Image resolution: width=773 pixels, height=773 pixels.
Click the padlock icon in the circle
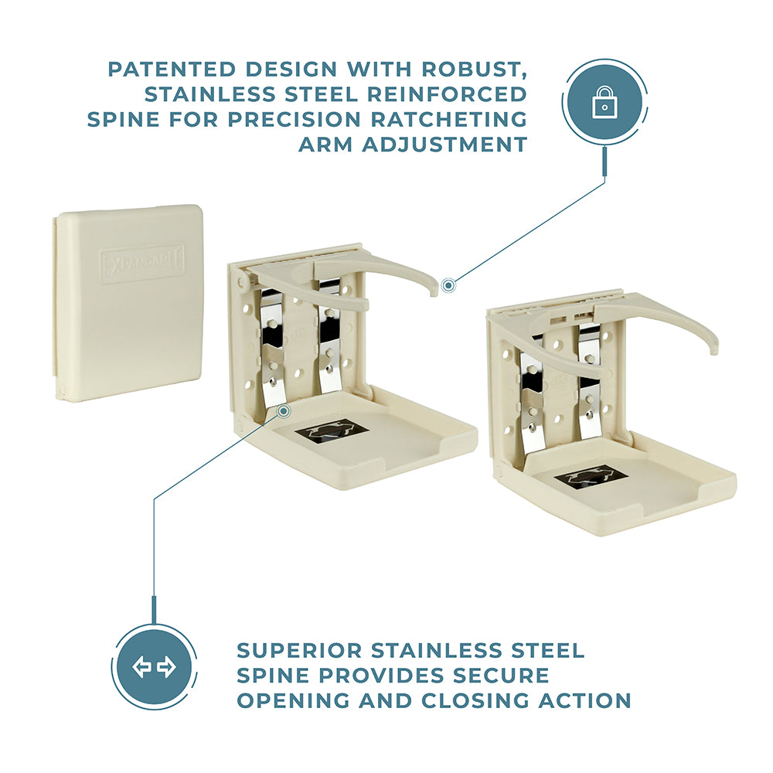[604, 102]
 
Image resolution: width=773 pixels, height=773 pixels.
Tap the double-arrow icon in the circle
[154, 668]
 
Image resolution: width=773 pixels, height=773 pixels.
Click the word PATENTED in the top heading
[172, 70]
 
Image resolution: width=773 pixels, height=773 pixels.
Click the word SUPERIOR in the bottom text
[299, 651]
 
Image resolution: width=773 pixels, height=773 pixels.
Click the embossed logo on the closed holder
[142, 263]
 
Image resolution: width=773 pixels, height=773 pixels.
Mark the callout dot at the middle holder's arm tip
[448, 285]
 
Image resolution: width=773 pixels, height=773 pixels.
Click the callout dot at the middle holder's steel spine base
[283, 411]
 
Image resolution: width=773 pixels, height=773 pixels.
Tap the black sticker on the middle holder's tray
[332, 432]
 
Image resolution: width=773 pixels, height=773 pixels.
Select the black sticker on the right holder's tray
[591, 478]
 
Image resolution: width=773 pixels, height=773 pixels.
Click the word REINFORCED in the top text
[447, 94]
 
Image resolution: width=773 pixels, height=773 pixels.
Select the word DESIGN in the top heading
[291, 70]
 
